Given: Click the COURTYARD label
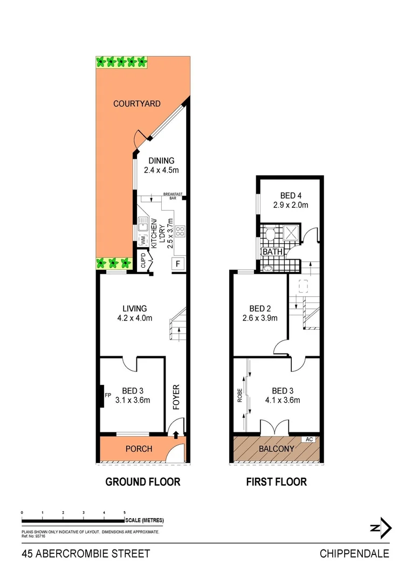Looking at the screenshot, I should (136, 104).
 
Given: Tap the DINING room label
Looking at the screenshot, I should (161, 160).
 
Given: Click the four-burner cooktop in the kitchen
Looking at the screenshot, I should (180, 231).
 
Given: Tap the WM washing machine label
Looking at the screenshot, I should (143, 239).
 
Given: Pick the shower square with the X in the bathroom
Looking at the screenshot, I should (293, 234).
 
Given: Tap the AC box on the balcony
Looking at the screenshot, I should (310, 439).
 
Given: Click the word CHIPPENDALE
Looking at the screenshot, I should (354, 553).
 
